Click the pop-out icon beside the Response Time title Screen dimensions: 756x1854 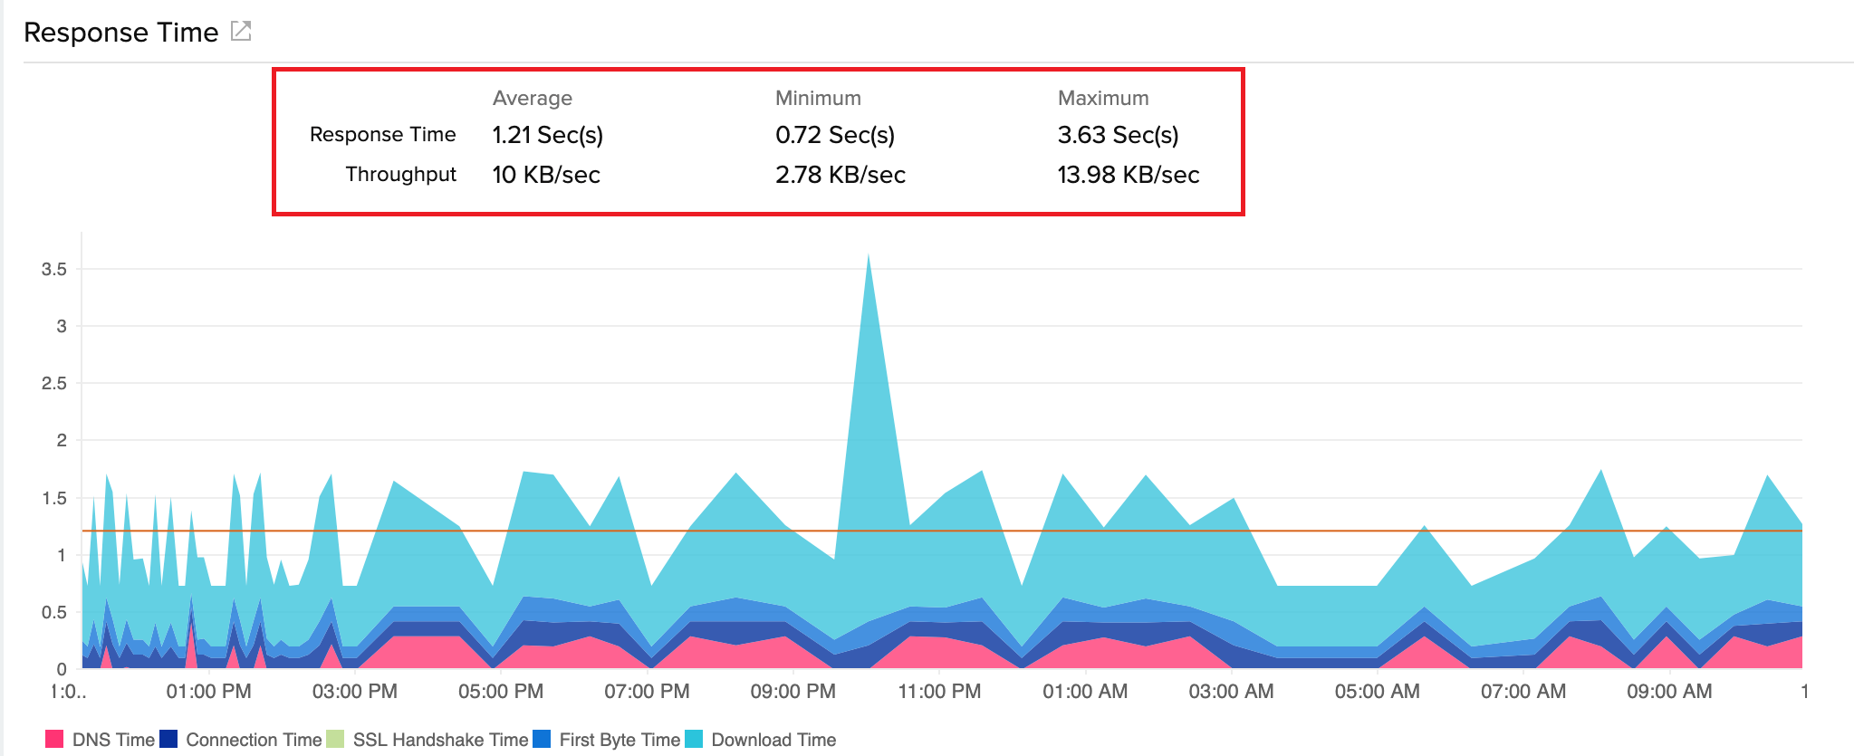pyautogui.click(x=241, y=32)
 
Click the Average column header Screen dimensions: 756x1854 pyautogui.click(x=532, y=98)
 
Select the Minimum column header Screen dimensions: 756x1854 pyautogui.click(x=818, y=98)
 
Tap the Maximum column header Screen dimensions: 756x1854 pyautogui.click(x=1102, y=98)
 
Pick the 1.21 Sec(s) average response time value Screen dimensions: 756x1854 pyautogui.click(x=547, y=135)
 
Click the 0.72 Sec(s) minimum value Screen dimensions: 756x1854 pyautogui.click(x=834, y=135)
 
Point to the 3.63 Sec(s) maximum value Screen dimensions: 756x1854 pyautogui.click(x=1118, y=135)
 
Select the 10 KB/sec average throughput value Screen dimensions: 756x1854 pyautogui.click(x=545, y=175)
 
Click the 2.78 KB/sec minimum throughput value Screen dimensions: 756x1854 pyautogui.click(x=840, y=175)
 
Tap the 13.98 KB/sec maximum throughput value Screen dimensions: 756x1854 pyautogui.click(x=1128, y=175)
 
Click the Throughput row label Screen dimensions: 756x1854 pyautogui.click(x=400, y=174)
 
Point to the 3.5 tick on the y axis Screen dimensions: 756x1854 pyautogui.click(x=54, y=269)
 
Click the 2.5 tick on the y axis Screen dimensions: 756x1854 pyautogui.click(x=54, y=383)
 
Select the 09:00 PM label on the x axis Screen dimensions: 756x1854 pyautogui.click(x=793, y=692)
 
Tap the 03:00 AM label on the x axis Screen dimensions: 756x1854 pyautogui.click(x=1231, y=692)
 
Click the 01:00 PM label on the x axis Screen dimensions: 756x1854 pyautogui.click(x=208, y=692)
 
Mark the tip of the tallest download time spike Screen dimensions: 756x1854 pyautogui.click(x=868, y=254)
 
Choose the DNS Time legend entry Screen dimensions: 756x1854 pyautogui.click(x=101, y=740)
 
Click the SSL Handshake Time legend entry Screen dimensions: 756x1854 pyautogui.click(x=427, y=740)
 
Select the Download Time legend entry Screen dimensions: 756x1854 pyautogui.click(x=761, y=740)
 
